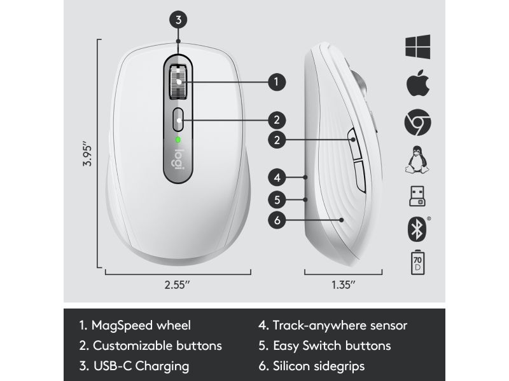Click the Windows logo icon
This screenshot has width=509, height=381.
418,46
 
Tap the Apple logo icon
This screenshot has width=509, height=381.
418,83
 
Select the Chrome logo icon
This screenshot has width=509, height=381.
418,122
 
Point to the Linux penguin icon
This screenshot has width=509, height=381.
417,159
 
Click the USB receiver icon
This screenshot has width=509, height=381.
417,196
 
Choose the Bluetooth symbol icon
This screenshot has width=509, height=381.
417,229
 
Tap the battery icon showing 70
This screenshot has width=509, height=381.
417,262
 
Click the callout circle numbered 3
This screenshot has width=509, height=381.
178,20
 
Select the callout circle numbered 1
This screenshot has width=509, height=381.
277,82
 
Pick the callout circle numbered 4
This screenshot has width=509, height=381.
277,178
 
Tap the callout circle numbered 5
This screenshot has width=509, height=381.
277,199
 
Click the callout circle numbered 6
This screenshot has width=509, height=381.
277,220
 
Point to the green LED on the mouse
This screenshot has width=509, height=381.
178,140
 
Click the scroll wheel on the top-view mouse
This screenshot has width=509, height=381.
178,82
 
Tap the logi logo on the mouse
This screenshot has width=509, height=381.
179,159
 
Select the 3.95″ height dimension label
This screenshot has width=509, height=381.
87,153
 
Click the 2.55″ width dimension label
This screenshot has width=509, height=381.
178,284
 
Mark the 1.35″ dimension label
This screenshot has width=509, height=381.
344,284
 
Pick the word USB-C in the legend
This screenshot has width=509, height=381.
113,366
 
